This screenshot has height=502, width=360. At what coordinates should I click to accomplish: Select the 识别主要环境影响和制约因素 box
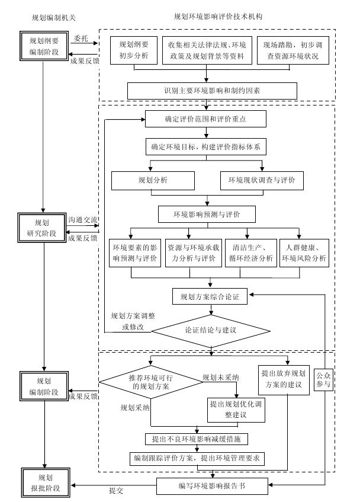pos(212,91)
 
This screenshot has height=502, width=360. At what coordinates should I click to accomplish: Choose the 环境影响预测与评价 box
pos(206,213)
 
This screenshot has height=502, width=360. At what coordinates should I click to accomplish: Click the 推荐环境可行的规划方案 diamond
pos(149,382)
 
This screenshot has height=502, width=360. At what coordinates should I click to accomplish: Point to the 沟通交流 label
pos(83,219)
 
